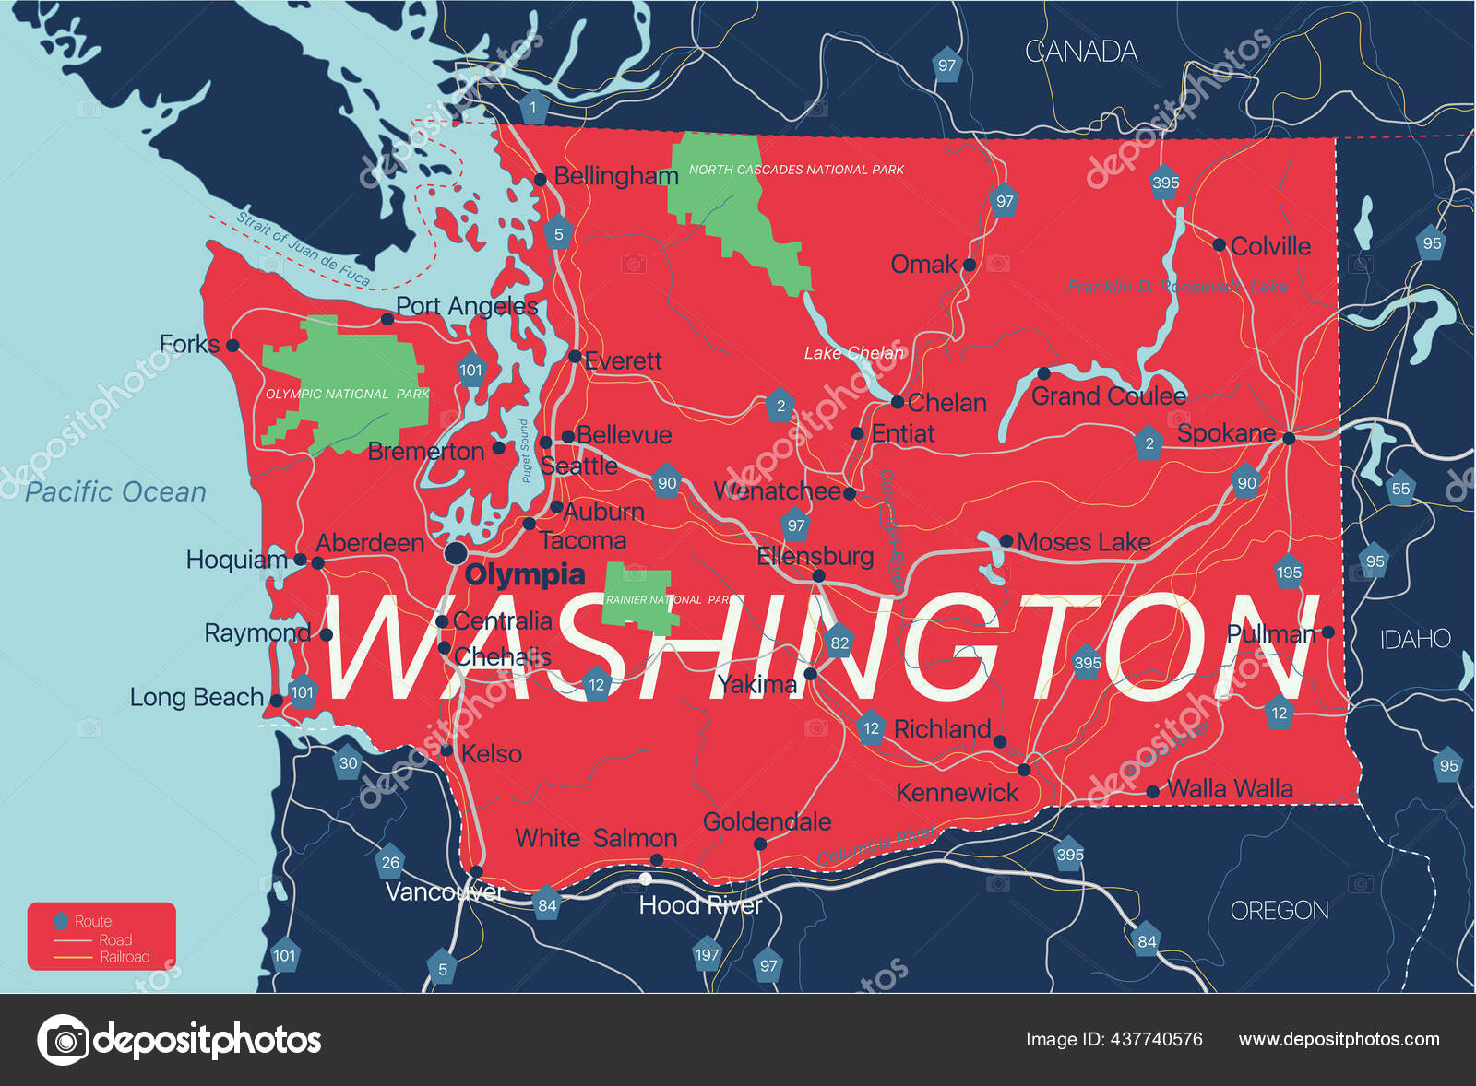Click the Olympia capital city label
pyautogui.click(x=525, y=575)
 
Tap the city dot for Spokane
pyautogui.click(x=1289, y=439)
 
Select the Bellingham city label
pyautogui.click(x=615, y=176)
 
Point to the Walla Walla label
pyautogui.click(x=1230, y=789)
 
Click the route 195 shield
pyautogui.click(x=1289, y=572)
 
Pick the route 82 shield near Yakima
pyautogui.click(x=839, y=643)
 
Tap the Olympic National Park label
pyautogui.click(x=347, y=394)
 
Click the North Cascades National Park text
pyautogui.click(x=796, y=170)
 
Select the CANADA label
pyautogui.click(x=1081, y=52)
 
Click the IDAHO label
pyautogui.click(x=1415, y=639)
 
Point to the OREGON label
pyautogui.click(x=1280, y=911)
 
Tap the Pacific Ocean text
pyautogui.click(x=115, y=492)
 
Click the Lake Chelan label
pyautogui.click(x=853, y=353)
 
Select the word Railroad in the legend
pyautogui.click(x=125, y=957)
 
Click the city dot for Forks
pyautogui.click(x=232, y=346)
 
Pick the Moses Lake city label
pyautogui.click(x=1083, y=542)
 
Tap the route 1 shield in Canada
pyautogui.click(x=532, y=107)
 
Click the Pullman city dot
pyautogui.click(x=1327, y=632)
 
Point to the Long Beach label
pyautogui.click(x=196, y=698)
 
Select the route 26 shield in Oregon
pyautogui.click(x=390, y=862)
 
